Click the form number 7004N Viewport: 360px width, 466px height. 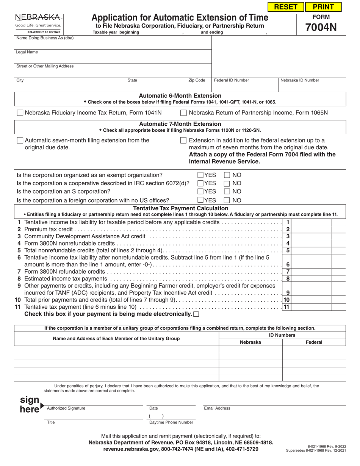click(321, 27)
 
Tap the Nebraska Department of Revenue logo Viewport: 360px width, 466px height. click(38, 24)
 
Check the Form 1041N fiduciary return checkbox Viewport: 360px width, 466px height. click(20, 113)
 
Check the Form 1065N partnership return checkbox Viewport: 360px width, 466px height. click(183, 113)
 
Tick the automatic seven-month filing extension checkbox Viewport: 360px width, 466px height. click(20, 141)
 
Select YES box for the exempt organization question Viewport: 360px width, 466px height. click(200, 175)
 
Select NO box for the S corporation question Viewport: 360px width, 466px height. click(227, 192)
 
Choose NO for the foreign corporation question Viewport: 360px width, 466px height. click(227, 200)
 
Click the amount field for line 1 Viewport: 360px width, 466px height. click(311, 222)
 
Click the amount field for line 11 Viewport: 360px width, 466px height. click(311, 307)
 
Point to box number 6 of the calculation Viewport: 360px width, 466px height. click(288, 264)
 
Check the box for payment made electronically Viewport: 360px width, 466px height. click(196, 314)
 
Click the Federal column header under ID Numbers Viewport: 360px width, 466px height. click(314, 342)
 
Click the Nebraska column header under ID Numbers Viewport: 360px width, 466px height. click(250, 342)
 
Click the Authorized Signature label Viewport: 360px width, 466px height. click(66, 408)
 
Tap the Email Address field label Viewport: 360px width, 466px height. click(217, 408)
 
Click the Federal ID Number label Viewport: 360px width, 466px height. click(232, 80)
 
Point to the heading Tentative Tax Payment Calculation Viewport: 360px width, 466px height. click(180, 208)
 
